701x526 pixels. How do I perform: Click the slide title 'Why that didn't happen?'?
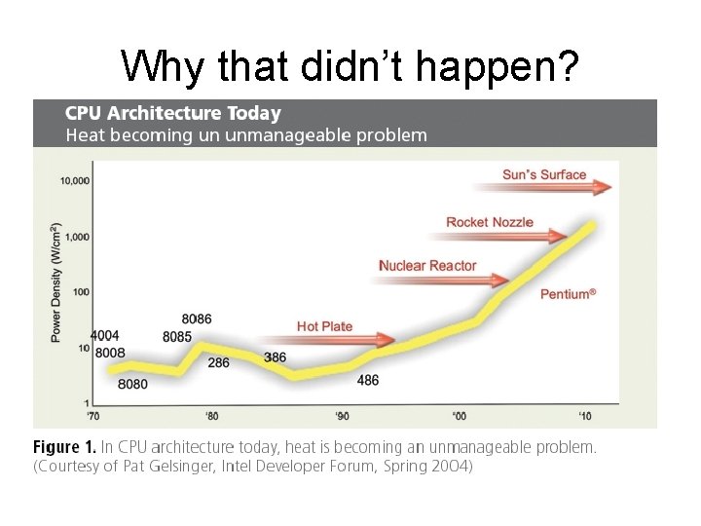[x=350, y=65]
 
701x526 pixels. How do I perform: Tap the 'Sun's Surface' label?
[x=544, y=175]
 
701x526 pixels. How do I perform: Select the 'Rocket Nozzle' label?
[x=490, y=222]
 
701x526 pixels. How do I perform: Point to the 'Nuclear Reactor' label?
[x=427, y=266]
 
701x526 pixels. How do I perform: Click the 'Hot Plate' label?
[x=324, y=326]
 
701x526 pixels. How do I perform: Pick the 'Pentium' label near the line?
[x=568, y=293]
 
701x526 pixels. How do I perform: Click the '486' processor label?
[x=368, y=381]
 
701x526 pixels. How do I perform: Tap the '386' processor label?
[x=275, y=357]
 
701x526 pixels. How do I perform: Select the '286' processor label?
[x=218, y=362]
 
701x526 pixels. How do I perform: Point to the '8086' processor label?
[x=197, y=319]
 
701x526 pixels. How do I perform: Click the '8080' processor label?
[x=132, y=384]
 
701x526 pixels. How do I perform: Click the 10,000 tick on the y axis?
[x=75, y=180]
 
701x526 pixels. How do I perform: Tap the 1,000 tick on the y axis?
[x=78, y=237]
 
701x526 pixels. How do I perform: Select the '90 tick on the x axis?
[x=342, y=416]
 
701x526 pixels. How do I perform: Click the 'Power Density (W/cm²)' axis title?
[x=55, y=282]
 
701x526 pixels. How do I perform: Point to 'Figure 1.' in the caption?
[x=64, y=447]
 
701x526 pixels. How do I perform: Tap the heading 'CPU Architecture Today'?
[x=173, y=114]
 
